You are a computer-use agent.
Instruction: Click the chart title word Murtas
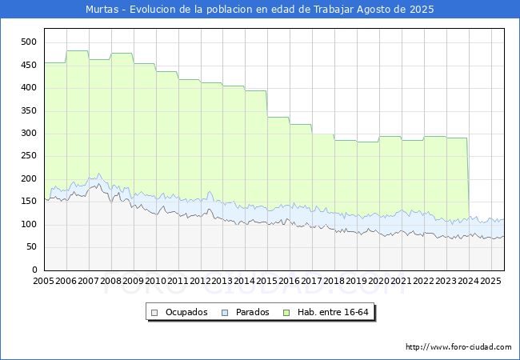coord(102,10)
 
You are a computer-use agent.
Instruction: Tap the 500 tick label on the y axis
coord(29,42)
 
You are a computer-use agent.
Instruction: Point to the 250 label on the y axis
coord(29,156)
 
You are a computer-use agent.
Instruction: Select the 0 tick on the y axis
coord(34,270)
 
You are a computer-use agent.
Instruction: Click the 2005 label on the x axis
coord(43,281)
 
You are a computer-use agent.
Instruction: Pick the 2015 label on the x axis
coord(267,281)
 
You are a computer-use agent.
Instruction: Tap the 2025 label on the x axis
coord(490,281)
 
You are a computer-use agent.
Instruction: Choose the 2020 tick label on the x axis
coord(378,281)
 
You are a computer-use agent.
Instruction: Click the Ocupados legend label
coord(186,312)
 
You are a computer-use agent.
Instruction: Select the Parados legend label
coord(252,312)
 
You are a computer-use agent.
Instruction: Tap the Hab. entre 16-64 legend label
coord(333,312)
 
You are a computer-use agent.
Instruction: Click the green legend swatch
coord(286,313)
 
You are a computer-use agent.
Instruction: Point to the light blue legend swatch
coord(225,313)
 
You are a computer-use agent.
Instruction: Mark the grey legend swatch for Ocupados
coord(154,313)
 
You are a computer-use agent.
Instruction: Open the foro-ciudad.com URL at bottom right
coord(458,347)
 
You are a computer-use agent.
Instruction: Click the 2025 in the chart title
coord(422,10)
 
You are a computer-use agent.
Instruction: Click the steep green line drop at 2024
coord(468,178)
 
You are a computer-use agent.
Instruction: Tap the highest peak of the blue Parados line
coord(99,174)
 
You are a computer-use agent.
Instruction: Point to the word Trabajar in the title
coord(334,10)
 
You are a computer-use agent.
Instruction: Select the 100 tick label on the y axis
coord(29,225)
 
